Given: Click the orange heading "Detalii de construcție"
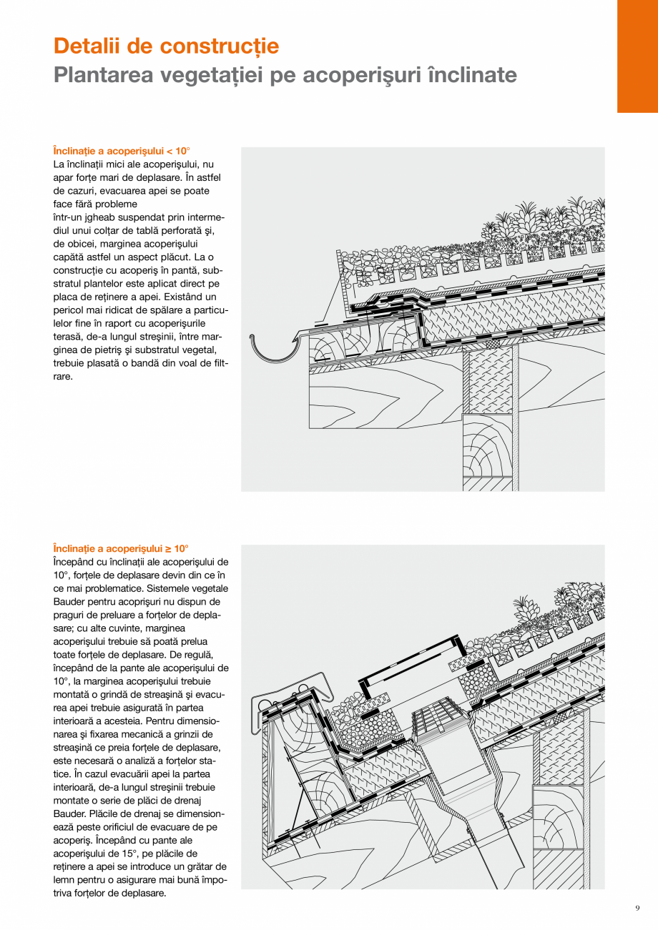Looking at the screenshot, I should click(166, 46).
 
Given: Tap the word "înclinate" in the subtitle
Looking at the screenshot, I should click(471, 75).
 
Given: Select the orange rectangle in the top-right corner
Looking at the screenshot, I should click(637, 56).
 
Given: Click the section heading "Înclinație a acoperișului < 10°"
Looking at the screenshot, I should click(122, 151).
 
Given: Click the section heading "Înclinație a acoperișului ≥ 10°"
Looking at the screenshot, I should click(121, 548).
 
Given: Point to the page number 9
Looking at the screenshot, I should click(637, 909).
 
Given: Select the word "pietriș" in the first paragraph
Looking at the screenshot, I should click(121, 350).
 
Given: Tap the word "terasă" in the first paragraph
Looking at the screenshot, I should click(67, 337).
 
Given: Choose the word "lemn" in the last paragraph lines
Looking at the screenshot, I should click(64, 880).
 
